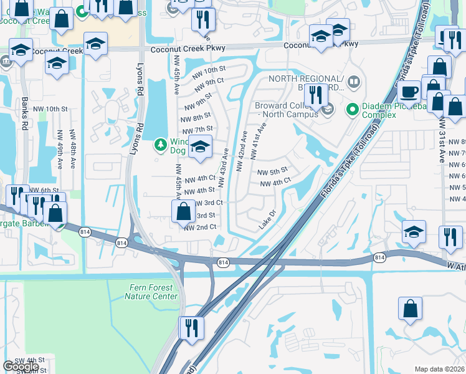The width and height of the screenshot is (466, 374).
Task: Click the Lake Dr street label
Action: click(267, 221)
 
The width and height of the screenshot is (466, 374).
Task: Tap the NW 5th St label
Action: click(272, 171)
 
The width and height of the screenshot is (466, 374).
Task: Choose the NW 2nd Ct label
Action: click(200, 228)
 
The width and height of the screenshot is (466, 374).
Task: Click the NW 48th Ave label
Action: click(74, 156)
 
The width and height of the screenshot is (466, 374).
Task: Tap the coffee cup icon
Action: click(409, 92)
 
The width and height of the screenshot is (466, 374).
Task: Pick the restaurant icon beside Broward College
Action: click(316, 95)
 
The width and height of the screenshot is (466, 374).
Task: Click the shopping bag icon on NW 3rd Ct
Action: click(184, 212)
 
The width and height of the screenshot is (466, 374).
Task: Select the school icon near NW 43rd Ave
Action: click(200, 147)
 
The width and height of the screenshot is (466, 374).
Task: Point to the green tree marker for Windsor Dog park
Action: click(160, 145)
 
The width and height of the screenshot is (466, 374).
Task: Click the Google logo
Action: click(21, 367)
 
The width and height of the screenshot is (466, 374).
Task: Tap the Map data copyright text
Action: click(440, 369)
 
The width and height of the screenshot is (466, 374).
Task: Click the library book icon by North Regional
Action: click(353, 82)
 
